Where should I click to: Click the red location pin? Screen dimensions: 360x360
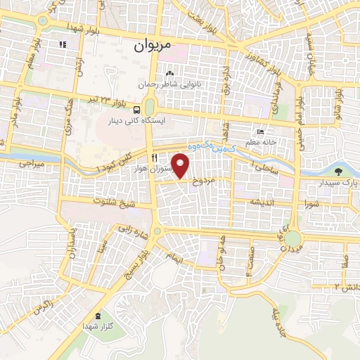pos(181,166)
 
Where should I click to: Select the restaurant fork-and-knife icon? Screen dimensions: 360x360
pos(154,157)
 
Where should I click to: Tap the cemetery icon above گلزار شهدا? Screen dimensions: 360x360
pos(97,316)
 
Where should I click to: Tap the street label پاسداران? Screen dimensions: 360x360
pos(71,243)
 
